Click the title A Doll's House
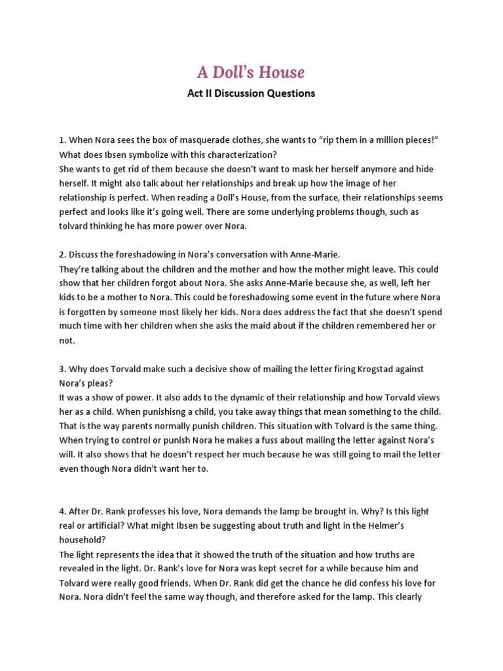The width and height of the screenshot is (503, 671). (251, 71)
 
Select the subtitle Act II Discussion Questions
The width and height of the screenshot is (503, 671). (251, 93)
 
